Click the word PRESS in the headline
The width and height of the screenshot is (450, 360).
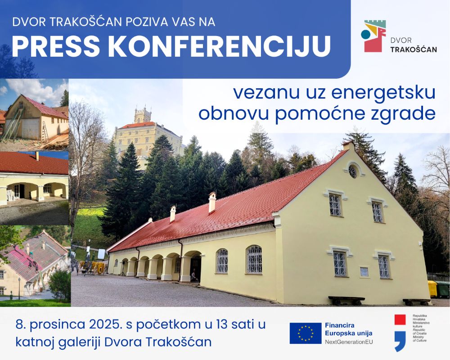[56, 46]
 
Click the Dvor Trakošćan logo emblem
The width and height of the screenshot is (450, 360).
[373, 36]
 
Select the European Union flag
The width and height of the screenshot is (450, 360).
[306, 333]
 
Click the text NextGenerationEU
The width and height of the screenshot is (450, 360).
[349, 342]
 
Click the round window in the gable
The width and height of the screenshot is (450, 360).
[353, 171]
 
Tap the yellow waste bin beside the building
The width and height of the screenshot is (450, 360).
[432, 289]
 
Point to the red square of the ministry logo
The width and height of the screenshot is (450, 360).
[400, 319]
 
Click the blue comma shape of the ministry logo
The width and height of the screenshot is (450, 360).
[400, 341]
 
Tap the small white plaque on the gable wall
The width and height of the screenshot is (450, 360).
[364, 271]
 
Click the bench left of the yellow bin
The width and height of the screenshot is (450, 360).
[346, 301]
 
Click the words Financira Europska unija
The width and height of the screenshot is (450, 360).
[348, 329]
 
